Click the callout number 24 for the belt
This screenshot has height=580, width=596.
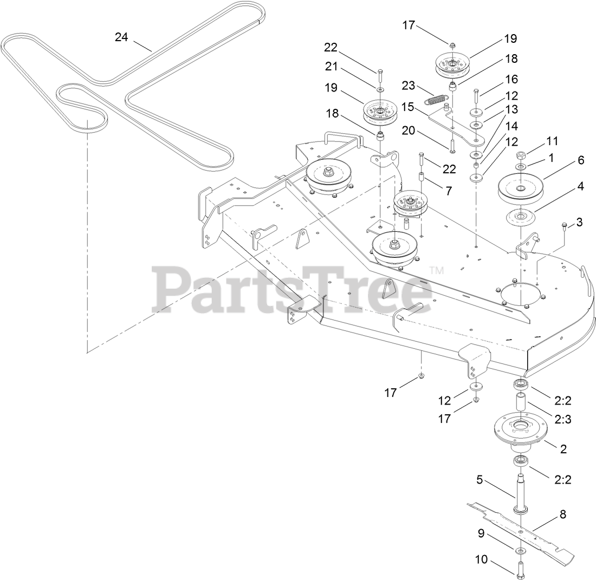[122, 37]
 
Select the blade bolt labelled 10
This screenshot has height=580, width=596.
[521, 569]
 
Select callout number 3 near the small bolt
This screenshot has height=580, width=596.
[579, 221]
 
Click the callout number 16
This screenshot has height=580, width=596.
[511, 80]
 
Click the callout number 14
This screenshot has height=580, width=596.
[511, 126]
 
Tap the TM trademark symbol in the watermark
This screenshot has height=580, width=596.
[436, 269]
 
